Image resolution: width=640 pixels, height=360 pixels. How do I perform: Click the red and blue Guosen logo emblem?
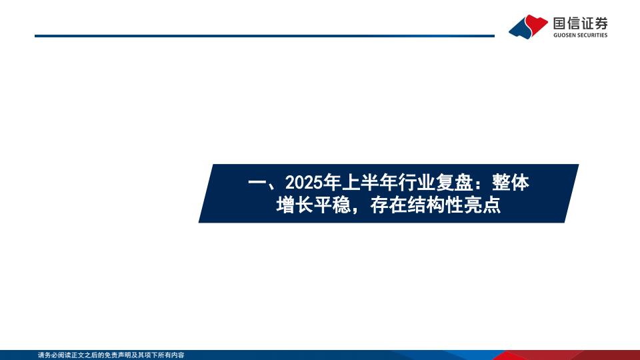528,27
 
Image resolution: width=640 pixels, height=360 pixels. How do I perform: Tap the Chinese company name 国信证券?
581,23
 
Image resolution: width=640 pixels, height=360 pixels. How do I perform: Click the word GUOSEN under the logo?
564,35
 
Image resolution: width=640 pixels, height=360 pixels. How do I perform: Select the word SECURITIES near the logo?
591,35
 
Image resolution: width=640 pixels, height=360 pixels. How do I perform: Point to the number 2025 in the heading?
303,183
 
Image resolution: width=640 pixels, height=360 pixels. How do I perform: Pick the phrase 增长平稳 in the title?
313,205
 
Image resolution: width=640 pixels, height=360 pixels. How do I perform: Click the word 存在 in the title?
389,205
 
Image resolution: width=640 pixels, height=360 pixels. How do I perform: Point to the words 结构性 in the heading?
435,205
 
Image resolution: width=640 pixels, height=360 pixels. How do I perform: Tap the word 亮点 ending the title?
482,205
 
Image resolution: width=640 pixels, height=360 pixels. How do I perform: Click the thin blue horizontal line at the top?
265,36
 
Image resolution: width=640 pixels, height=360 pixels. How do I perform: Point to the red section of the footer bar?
571,355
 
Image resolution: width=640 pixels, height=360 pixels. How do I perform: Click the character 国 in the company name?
560,23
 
